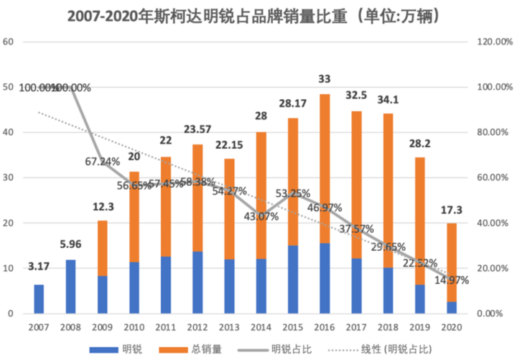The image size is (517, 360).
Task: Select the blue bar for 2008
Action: click(71, 287)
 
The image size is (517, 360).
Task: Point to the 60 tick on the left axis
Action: click(9, 42)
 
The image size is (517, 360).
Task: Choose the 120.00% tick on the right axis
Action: click(495, 42)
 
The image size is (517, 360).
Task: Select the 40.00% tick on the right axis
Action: click(495, 223)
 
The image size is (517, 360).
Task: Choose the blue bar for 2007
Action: click(39, 299)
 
